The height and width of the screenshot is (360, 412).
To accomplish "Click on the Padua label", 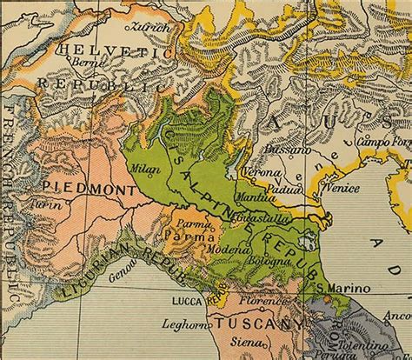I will (x=284, y=185).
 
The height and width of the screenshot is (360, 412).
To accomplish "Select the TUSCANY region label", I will (x=263, y=322).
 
